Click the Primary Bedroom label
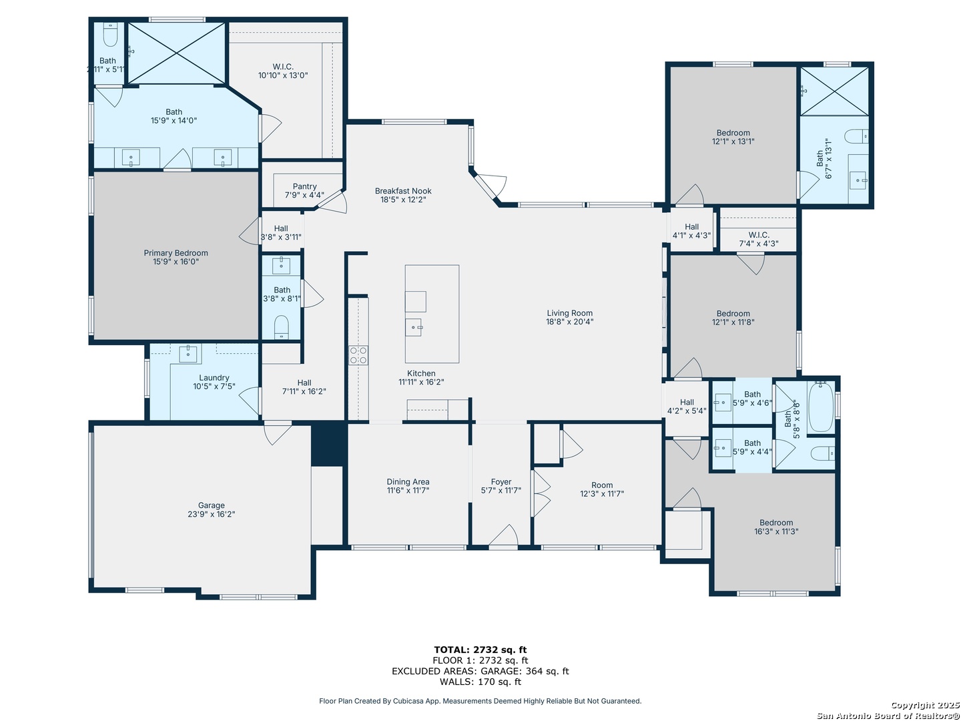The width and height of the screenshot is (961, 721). [176, 253]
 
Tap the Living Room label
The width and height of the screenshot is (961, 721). [569, 313]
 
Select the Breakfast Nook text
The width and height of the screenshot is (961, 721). [403, 191]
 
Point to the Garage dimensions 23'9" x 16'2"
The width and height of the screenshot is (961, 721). [211, 514]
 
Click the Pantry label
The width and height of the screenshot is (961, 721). [304, 186]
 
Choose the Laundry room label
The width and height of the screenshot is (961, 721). [214, 377]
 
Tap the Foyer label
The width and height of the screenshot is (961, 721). [501, 481]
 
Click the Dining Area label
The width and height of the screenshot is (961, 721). [408, 481]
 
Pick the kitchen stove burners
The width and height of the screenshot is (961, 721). [358, 355]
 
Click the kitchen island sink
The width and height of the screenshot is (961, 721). [413, 327]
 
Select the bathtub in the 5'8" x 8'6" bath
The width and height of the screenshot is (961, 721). [820, 407]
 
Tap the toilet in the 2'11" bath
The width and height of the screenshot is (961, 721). [110, 34]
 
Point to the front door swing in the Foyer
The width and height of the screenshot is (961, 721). [503, 535]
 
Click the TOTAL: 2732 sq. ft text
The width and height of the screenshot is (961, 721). [480, 650]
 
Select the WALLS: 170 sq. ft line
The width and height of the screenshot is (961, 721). [480, 682]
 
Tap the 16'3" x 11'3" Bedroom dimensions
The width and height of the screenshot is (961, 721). [775, 531]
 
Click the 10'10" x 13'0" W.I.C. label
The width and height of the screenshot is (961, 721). [283, 75]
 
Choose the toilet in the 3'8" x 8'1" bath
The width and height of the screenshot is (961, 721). [281, 326]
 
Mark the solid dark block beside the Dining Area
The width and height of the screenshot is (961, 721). [329, 445]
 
